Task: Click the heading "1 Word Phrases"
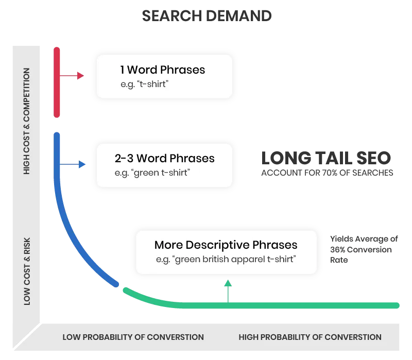click(162, 70)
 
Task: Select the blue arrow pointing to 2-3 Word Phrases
click(75, 164)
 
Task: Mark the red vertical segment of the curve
click(57, 82)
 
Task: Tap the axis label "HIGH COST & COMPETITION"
click(27, 122)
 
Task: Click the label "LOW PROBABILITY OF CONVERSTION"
click(133, 337)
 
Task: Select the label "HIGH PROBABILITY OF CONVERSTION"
click(310, 337)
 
